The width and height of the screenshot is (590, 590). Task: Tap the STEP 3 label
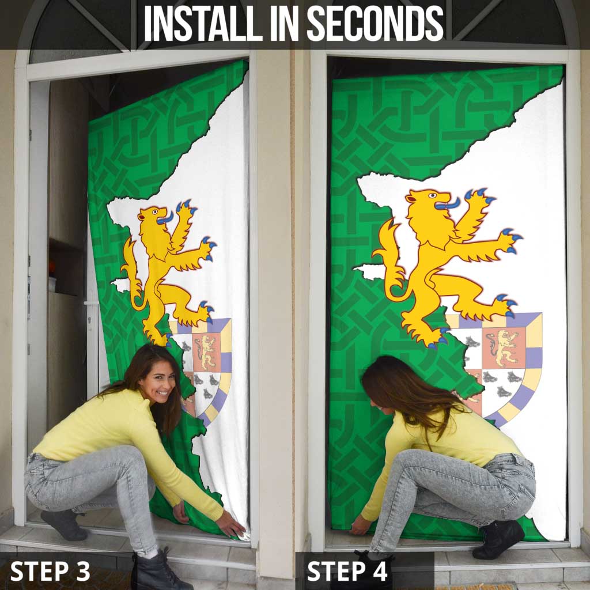(50, 571)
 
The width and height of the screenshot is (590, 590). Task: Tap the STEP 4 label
(347, 571)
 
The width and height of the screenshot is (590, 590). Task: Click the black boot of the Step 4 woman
(498, 539)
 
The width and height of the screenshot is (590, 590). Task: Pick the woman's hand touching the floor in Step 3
(232, 525)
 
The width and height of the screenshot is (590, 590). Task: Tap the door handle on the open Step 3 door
(90, 304)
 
